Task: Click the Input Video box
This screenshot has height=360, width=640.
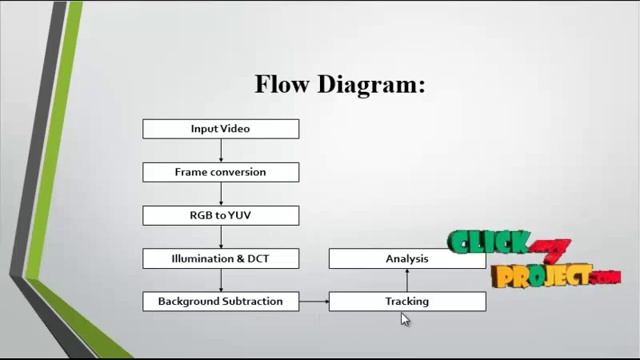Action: [x=220, y=129]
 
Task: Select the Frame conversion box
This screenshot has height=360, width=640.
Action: [x=220, y=172]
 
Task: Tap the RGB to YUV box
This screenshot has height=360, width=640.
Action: [x=220, y=215]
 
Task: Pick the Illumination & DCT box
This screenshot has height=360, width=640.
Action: [x=220, y=258]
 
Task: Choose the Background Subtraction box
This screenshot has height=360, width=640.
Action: [x=220, y=301]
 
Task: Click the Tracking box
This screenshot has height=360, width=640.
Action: [x=407, y=301]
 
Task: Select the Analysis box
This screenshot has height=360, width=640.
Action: [x=407, y=259]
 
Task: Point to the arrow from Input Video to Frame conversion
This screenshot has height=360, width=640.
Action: [x=220, y=150]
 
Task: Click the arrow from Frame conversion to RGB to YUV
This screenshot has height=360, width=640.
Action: [x=220, y=193]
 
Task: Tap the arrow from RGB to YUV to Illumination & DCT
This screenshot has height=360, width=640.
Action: [x=220, y=236]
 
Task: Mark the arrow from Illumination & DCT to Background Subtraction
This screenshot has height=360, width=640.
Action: [x=220, y=279]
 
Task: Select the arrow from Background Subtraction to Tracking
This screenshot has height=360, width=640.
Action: [x=313, y=301]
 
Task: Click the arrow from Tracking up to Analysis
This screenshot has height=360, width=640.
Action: [x=407, y=280]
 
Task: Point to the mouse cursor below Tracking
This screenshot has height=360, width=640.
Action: [x=404, y=318]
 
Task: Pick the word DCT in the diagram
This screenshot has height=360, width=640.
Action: [x=257, y=258]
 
